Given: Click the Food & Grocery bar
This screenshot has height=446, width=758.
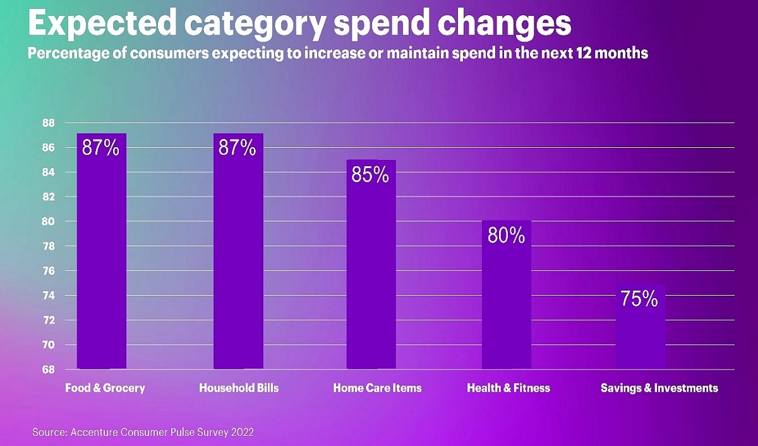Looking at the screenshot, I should pos(102,253).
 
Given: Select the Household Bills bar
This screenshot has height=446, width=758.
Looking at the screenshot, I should pos(238,253).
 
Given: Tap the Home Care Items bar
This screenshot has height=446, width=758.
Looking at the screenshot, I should pos(371,265).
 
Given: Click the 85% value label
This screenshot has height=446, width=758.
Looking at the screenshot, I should pos(370,175).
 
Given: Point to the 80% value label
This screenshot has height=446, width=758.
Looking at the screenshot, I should pos(506,236).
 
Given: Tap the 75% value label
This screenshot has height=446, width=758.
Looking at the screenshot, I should pos(639,299).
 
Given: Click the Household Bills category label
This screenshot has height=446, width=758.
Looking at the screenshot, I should pos(238,388).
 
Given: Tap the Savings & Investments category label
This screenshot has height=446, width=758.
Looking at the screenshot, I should pos(659,388).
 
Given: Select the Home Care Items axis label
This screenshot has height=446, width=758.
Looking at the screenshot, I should pos(377,388).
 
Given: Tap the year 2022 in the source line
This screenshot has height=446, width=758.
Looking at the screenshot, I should pos(243,433).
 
